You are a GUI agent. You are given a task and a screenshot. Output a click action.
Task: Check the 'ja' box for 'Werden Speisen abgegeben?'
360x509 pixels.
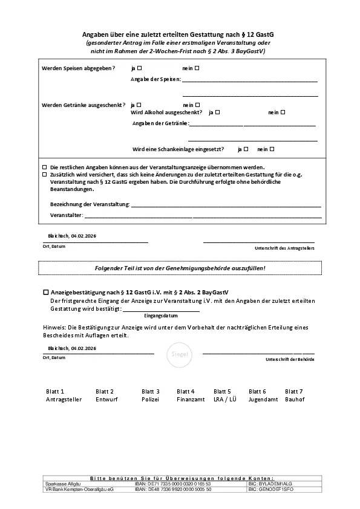pos(140,68)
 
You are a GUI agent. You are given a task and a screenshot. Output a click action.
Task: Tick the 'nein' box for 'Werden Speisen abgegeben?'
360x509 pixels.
pos(197,68)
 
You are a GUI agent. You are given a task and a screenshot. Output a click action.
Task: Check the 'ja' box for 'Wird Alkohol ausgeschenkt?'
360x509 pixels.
pos(217,112)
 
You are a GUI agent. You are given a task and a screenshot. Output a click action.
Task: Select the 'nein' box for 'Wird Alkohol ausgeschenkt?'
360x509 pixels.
pos(283,112)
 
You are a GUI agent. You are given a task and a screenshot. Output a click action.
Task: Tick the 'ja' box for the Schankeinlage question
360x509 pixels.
pos(247,149)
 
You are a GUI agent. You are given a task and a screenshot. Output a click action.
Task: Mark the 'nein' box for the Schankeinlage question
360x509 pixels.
pos(272,149)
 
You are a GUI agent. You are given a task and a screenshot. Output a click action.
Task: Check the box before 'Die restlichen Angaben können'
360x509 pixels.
pos(44,167)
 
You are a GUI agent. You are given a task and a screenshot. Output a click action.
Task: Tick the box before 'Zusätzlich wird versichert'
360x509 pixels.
pos(44,173)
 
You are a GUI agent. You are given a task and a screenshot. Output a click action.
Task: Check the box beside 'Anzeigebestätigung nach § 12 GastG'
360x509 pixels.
pos(45,291)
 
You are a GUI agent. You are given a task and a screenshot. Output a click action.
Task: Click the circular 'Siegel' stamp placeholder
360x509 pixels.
pos(180,354)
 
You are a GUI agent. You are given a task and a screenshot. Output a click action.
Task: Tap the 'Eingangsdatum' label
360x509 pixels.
pos(161,316)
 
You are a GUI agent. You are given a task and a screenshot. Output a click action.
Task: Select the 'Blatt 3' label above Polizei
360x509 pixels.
pos(151,392)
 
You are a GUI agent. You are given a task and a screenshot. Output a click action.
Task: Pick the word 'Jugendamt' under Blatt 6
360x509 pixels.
pos(263,400)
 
